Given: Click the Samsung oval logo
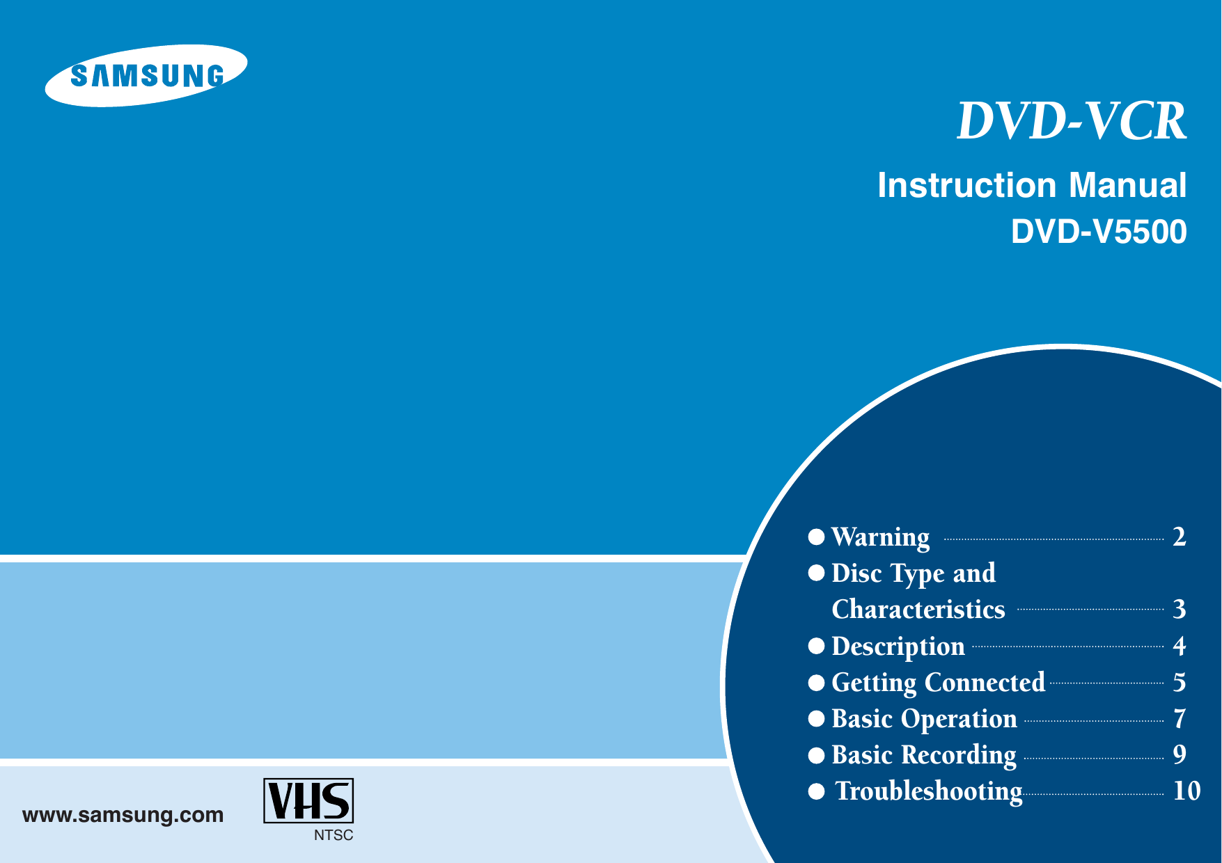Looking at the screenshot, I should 146,75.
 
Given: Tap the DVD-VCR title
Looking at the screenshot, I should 1072,122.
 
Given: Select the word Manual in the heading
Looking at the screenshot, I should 1127,186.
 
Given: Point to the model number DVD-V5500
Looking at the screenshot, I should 1099,232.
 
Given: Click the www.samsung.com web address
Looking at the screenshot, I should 123,815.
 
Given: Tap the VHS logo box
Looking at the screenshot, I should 308,801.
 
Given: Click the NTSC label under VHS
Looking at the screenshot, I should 334,835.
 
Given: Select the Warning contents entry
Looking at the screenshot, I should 881,537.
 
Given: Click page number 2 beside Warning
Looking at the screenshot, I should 1179,537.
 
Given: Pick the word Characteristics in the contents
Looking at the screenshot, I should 918,610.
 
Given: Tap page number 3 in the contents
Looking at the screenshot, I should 1179,610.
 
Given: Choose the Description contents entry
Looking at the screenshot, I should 898,647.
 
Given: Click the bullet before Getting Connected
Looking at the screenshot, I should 816,683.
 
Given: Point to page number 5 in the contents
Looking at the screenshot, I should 1179,683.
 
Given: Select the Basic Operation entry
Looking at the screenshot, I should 924,719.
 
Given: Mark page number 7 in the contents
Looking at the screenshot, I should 1179,719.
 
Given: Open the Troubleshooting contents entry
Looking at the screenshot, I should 929,791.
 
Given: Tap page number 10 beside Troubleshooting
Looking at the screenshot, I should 1186,791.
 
